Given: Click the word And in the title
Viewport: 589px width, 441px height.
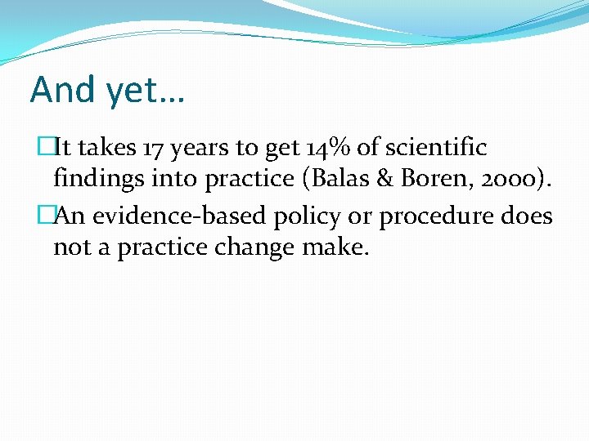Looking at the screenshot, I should [x=63, y=90].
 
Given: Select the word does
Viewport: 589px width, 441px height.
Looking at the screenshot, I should [x=528, y=216].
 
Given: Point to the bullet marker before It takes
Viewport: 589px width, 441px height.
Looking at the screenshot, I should [x=45, y=148].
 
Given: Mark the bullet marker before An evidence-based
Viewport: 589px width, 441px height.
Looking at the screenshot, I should [x=45, y=216].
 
